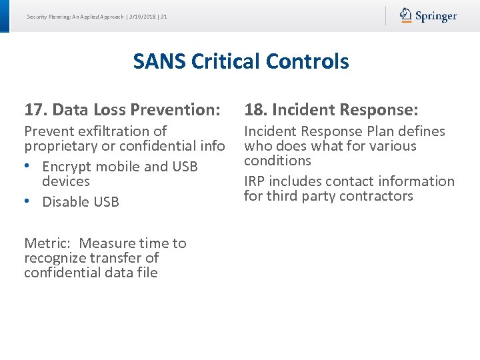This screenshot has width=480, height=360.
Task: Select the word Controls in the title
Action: click(307, 61)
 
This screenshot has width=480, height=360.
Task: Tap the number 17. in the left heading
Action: click(35, 109)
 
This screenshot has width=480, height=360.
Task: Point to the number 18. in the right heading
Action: click(255, 109)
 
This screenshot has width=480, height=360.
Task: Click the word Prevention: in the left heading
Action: click(180, 109)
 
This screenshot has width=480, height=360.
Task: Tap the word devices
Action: click(65, 181)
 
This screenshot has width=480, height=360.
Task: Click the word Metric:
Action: click(49, 243)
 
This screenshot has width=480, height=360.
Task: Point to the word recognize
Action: click(55, 258)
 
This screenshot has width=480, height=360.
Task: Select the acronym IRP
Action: click(256, 181)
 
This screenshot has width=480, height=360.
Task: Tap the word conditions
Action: click(277, 161)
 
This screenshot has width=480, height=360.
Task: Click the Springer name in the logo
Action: click(436, 16)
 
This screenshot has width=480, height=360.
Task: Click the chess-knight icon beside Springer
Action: click(406, 15)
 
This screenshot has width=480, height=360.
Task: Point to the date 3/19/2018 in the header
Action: click(142, 16)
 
